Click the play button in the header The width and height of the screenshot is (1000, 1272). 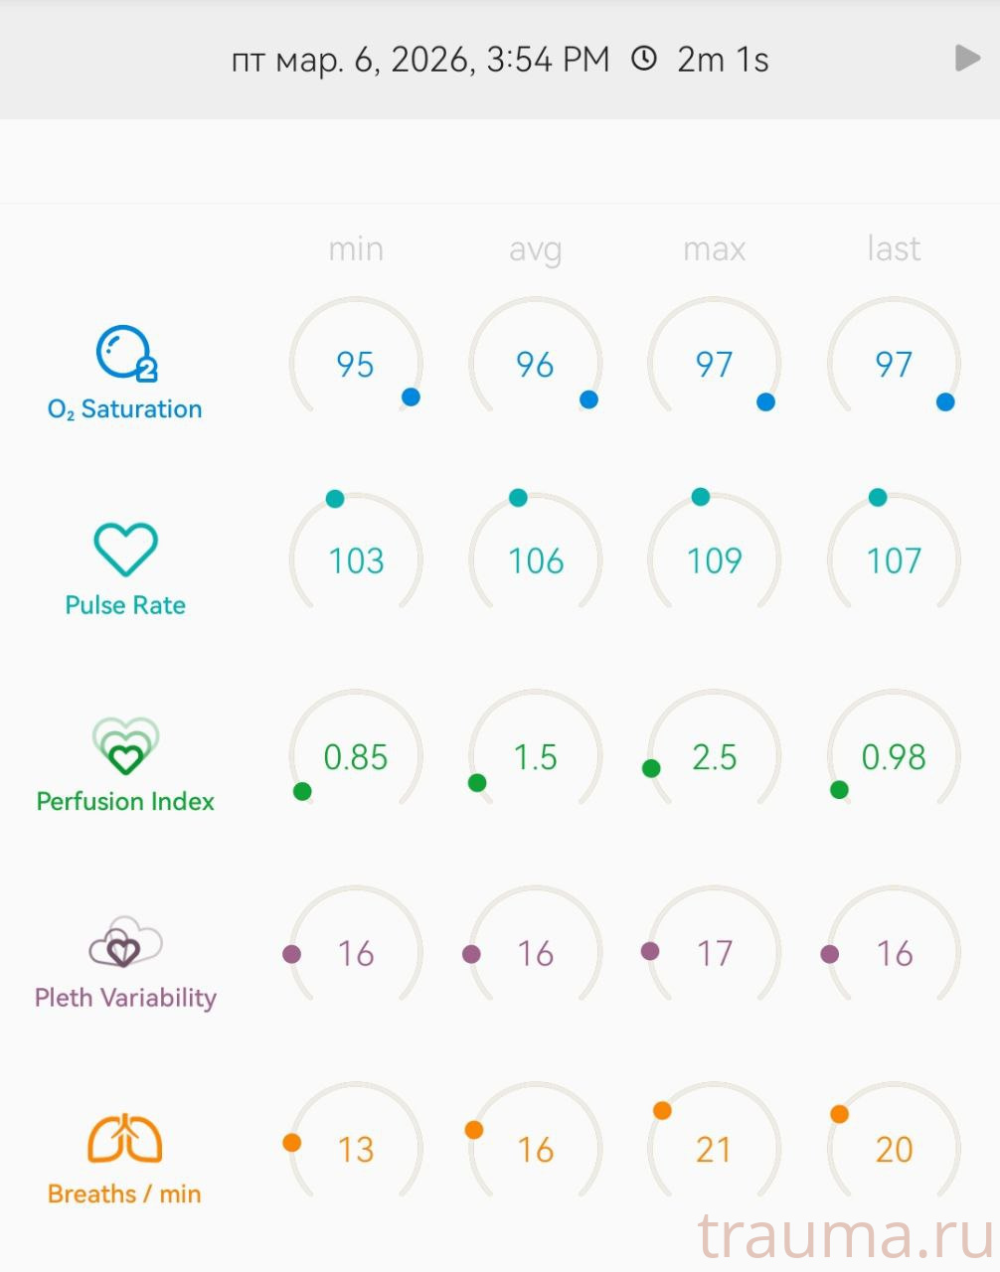[x=967, y=58]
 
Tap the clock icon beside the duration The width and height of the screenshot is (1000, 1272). [x=644, y=59]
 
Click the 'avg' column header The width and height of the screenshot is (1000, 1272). [x=535, y=248]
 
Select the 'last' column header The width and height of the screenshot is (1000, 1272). [x=894, y=248]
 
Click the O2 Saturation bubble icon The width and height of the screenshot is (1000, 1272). [x=125, y=354]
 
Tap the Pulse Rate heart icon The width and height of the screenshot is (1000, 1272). [x=125, y=549]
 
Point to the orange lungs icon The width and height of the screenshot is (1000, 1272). [x=125, y=1139]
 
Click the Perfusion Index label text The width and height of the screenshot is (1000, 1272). [x=125, y=801]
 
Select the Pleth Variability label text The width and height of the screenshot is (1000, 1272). [x=125, y=998]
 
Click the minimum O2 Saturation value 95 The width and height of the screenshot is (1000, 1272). [x=355, y=365]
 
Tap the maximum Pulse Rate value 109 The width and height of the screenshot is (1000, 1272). [x=714, y=561]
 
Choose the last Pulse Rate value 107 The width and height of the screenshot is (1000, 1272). [x=894, y=561]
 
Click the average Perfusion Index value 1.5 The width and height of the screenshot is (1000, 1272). [x=535, y=757]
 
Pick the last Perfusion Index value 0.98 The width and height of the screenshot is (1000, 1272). [x=894, y=757]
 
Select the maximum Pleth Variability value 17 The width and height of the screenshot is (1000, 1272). [x=714, y=954]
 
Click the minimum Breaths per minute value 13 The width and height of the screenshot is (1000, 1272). [x=355, y=1150]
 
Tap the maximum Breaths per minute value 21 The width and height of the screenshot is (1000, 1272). [x=714, y=1150]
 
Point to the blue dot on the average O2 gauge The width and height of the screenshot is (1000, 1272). [x=588, y=399]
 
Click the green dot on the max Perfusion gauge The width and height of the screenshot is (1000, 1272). [x=651, y=768]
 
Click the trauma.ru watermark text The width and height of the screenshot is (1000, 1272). [x=845, y=1237]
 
